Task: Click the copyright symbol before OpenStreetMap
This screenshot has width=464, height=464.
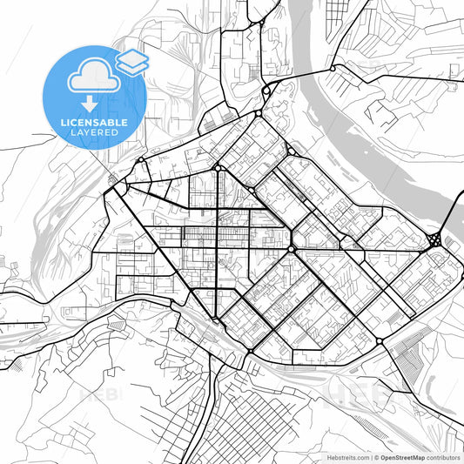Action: (x=376, y=456)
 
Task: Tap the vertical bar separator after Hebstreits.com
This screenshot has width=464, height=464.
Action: (x=371, y=456)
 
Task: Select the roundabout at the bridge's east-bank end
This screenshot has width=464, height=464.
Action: (x=332, y=69)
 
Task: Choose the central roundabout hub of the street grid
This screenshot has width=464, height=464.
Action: (x=291, y=249)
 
